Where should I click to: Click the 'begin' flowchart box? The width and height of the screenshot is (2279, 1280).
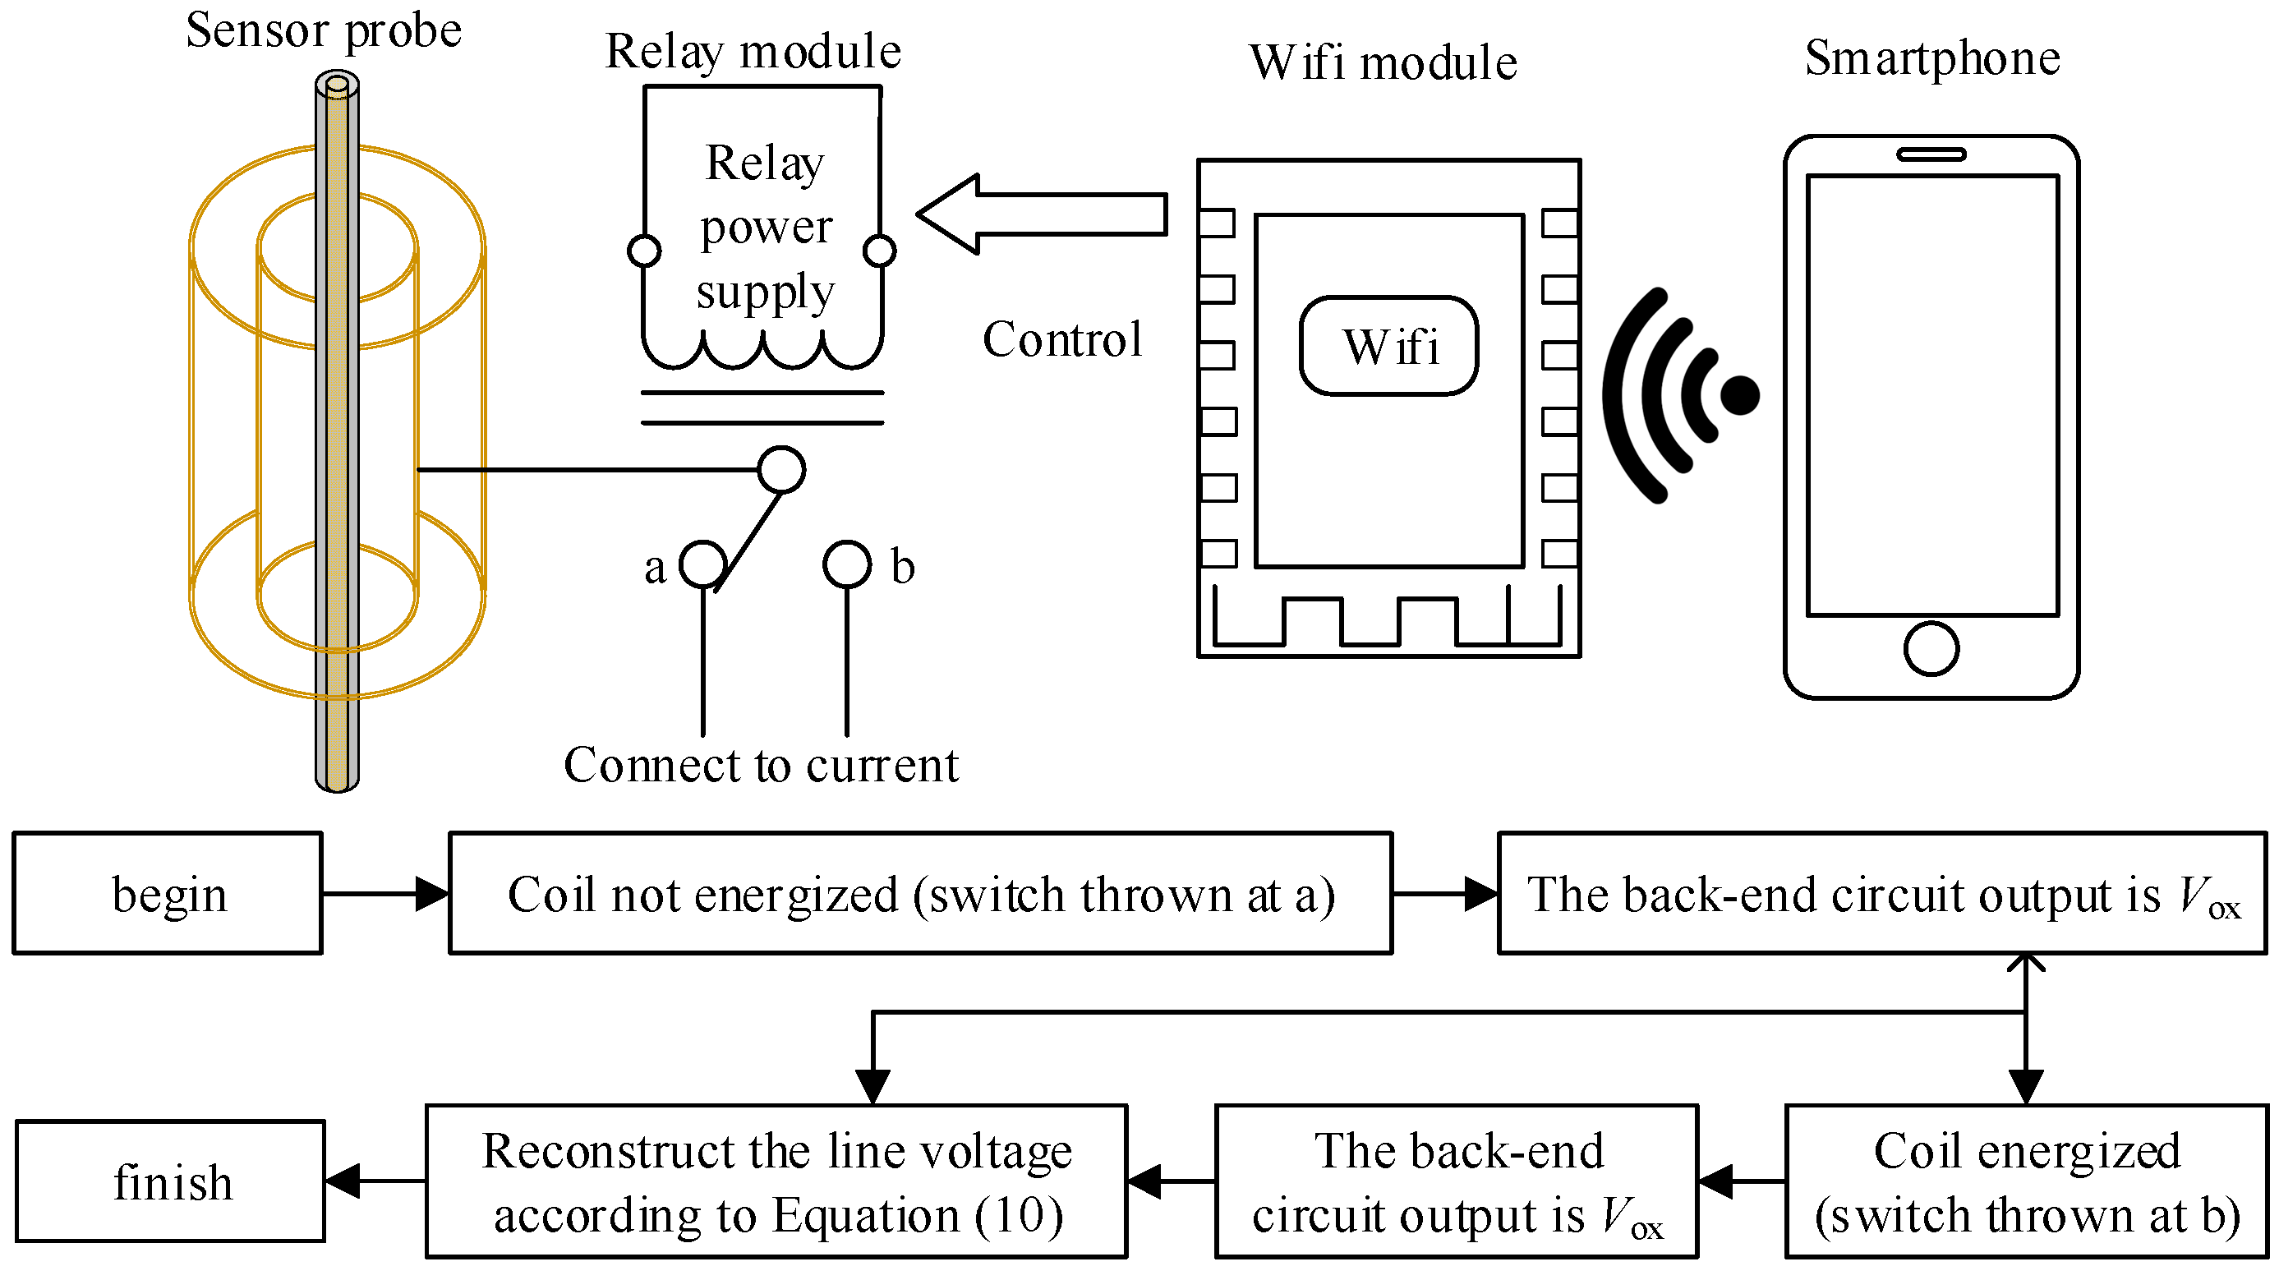(x=168, y=893)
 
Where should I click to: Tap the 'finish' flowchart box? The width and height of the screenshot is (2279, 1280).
(x=171, y=1181)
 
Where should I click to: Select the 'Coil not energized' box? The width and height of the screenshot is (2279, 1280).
(x=920, y=893)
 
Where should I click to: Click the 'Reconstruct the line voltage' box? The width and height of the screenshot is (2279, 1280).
(x=776, y=1181)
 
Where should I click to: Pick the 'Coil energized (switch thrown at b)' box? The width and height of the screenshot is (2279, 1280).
(x=2026, y=1181)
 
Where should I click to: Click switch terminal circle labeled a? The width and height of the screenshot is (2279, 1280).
(x=702, y=564)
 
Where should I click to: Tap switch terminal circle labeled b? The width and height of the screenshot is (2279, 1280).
(x=847, y=564)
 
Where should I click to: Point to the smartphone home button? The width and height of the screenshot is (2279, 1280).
(x=1931, y=648)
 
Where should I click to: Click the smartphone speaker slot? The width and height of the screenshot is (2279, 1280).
(x=1931, y=154)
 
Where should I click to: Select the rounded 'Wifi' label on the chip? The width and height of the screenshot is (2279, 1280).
(x=1389, y=346)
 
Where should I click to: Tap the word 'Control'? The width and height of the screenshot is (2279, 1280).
(x=1061, y=339)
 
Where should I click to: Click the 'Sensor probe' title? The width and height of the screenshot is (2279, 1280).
(x=323, y=31)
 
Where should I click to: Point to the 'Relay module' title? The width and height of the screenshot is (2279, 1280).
(x=752, y=51)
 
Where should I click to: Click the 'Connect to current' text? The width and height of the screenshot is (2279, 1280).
(x=761, y=765)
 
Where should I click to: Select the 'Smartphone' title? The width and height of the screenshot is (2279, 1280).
(x=1932, y=58)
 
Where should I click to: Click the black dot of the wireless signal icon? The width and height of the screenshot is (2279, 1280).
(x=1740, y=394)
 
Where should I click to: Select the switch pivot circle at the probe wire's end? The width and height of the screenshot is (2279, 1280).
(x=781, y=469)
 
